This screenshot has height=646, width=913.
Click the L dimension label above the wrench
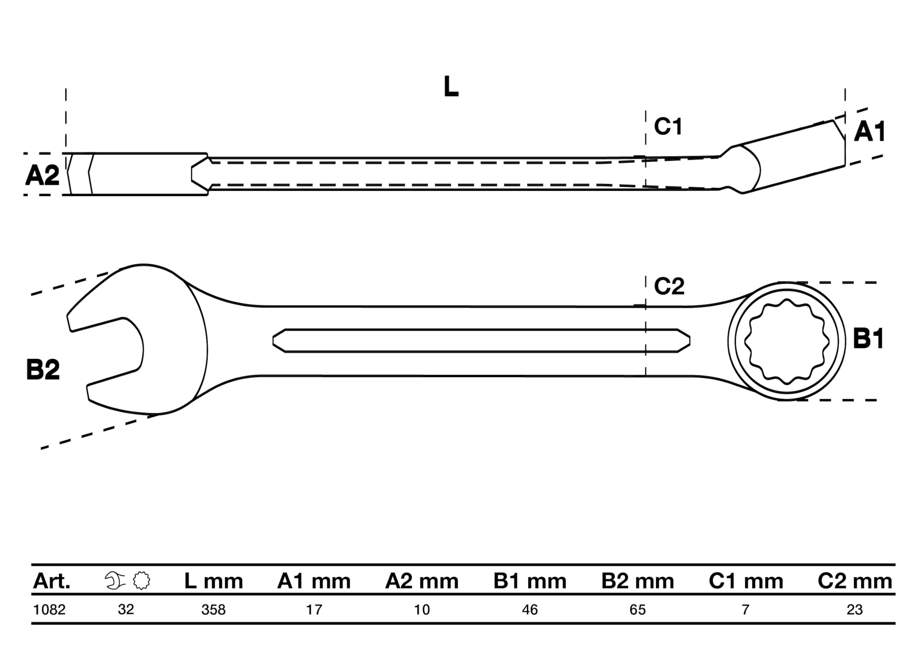451,86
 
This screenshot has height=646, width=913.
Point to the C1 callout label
668,127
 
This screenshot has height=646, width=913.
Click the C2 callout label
669,286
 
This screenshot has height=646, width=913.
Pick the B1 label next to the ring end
868,339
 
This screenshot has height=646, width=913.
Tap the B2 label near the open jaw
43,369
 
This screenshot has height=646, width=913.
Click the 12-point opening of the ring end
786,342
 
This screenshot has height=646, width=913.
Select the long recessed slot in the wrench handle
481,341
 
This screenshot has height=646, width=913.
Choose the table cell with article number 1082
49,609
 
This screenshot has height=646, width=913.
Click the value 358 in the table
214,609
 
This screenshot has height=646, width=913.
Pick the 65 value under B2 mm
637,609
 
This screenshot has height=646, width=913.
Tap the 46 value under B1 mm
530,609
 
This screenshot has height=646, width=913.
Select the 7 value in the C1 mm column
746,609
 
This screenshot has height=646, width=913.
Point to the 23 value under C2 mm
855,609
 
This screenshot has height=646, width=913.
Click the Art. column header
52,581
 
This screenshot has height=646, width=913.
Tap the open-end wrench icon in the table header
115,581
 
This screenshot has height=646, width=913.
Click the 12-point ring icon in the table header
142,581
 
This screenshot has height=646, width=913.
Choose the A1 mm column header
314,581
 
